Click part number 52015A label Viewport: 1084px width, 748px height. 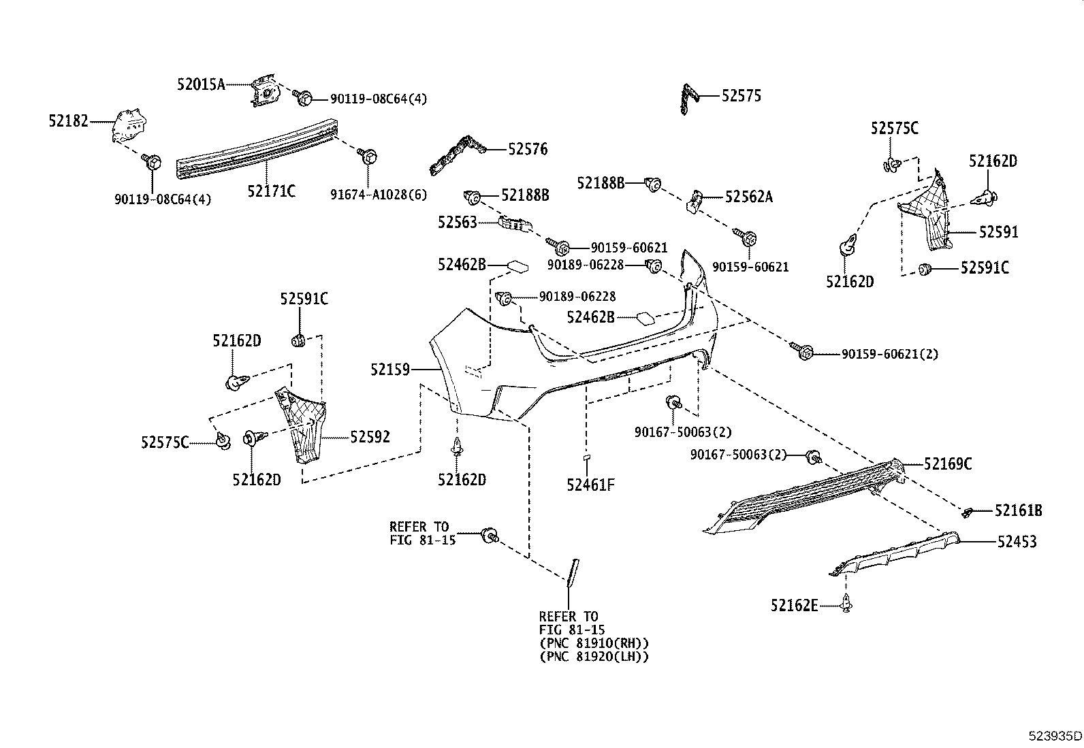click(x=200, y=85)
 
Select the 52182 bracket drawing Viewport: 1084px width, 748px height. click(x=129, y=126)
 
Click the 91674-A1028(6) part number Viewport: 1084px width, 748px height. click(x=379, y=195)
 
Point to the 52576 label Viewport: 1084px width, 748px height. click(x=527, y=149)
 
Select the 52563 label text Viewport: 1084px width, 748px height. click(x=458, y=222)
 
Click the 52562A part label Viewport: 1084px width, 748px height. click(x=748, y=197)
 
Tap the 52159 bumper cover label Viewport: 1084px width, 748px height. click(x=390, y=370)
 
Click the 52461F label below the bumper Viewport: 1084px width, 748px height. click(x=590, y=485)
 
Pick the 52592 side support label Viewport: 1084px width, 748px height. click(x=370, y=437)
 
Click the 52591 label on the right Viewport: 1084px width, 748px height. click(x=998, y=232)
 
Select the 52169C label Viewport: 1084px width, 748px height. click(x=947, y=464)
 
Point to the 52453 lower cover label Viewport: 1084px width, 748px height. click(x=1017, y=542)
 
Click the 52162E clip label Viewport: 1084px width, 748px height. click(x=794, y=604)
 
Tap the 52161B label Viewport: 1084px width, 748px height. click(x=1018, y=510)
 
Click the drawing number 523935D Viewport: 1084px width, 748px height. click(x=1054, y=736)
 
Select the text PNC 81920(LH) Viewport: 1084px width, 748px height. click(x=593, y=657)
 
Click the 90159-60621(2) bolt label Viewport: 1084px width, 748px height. click(x=889, y=354)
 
